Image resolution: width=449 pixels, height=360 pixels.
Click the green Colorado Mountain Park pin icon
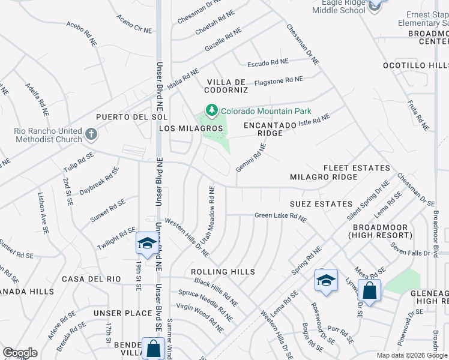[x=211, y=110]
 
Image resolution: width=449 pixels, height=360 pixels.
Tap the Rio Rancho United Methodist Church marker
[x=91, y=134]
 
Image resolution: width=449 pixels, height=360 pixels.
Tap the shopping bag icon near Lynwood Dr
[x=370, y=291]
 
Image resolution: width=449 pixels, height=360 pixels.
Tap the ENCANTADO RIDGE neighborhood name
[x=270, y=129]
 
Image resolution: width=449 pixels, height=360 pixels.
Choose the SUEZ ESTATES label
[x=321, y=204]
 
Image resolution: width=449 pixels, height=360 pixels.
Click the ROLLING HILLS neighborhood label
[x=223, y=272]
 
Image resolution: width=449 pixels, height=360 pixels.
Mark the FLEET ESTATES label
[x=357, y=168]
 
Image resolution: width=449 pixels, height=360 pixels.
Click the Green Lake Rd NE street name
[x=281, y=216]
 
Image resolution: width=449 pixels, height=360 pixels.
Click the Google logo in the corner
[x=20, y=352]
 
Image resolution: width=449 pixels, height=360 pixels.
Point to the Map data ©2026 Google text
[x=411, y=355]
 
